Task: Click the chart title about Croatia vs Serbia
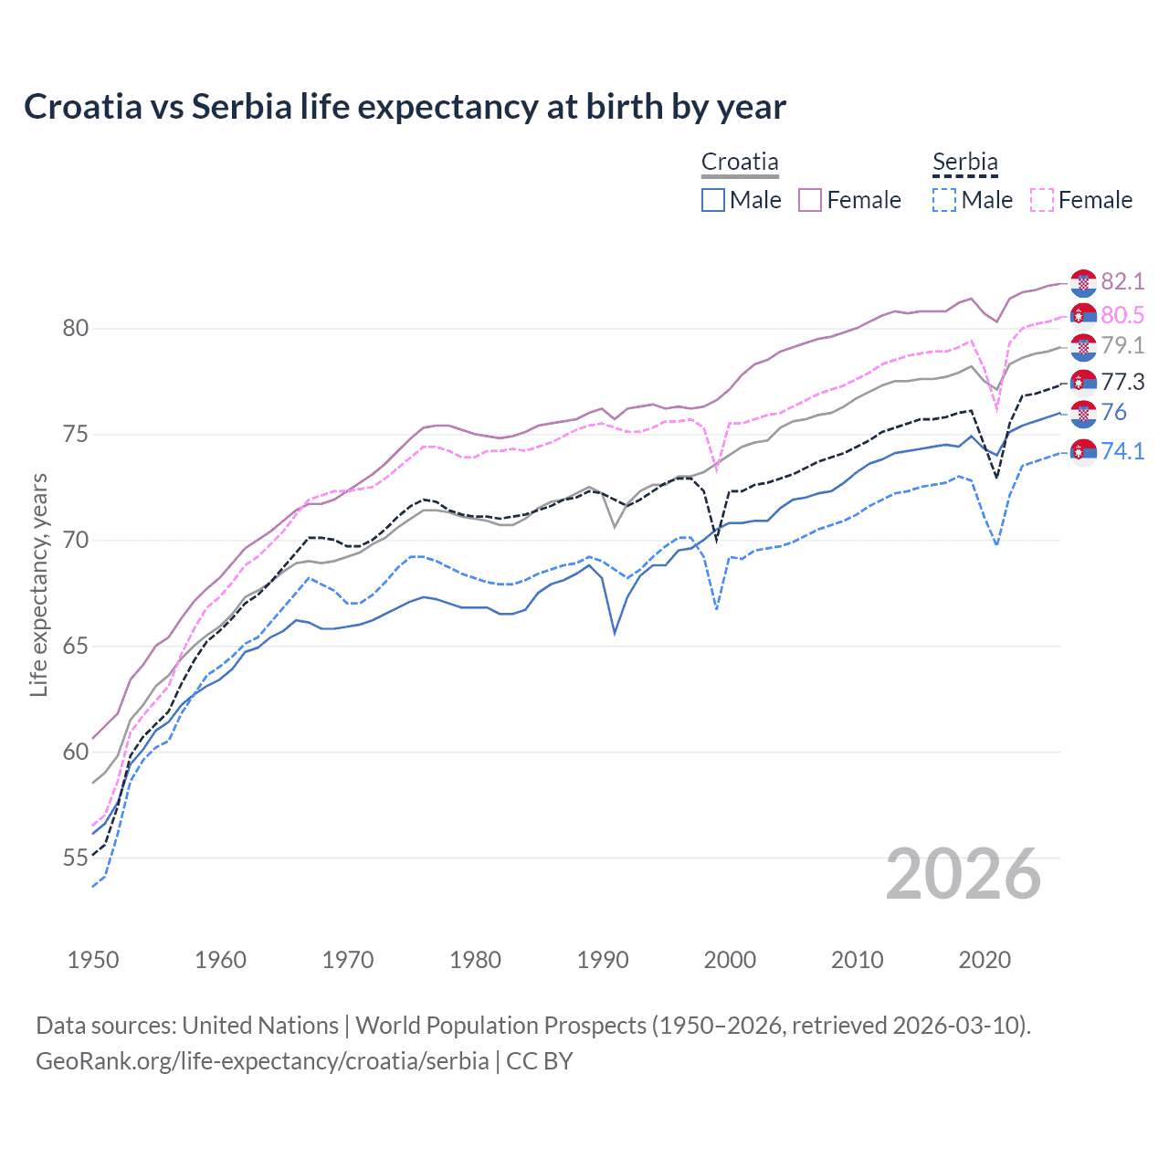[405, 107]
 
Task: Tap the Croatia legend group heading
[740, 162]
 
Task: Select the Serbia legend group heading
[964, 162]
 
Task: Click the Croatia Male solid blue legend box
[713, 200]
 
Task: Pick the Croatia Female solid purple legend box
[810, 200]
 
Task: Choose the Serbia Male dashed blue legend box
[944, 200]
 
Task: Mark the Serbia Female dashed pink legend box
[1042, 200]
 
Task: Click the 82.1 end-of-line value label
[1122, 281]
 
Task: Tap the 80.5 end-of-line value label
[1122, 315]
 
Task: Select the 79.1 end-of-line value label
[1122, 345]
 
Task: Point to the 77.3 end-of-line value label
[1122, 382]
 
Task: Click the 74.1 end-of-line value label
[1122, 451]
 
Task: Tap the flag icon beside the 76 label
[1083, 414]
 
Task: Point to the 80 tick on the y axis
[75, 328]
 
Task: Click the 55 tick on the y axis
[75, 858]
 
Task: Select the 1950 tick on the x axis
[93, 960]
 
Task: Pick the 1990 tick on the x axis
[603, 960]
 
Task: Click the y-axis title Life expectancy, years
[38, 584]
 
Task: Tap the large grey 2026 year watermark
[963, 874]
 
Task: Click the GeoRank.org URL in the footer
[262, 1061]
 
